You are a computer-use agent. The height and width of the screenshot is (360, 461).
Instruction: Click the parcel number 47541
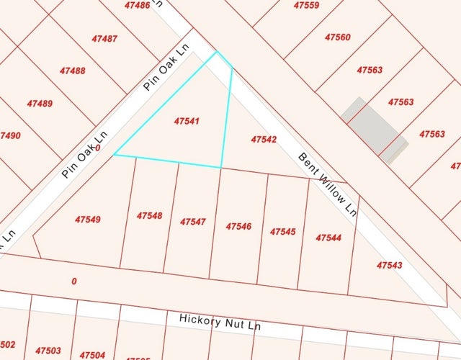[186, 122]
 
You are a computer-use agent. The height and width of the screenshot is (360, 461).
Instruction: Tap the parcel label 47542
[264, 139]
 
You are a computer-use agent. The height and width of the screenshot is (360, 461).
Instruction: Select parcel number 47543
[390, 266]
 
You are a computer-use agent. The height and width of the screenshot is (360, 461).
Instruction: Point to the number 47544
[328, 238]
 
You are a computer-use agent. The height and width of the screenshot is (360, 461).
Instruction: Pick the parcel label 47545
[283, 232]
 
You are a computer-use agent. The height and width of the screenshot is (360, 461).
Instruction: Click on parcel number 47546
[238, 226]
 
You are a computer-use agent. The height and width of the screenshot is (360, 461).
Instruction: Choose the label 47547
[193, 222]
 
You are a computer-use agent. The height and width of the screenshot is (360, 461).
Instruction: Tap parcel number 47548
[149, 215]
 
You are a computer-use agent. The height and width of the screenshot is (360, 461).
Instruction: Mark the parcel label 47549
[88, 219]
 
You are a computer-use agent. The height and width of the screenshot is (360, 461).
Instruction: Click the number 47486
[138, 5]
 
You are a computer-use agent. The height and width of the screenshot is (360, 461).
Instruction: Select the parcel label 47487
[104, 38]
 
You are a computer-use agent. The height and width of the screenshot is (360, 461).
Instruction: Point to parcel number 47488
[72, 71]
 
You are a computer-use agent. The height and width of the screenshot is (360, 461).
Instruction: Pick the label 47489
[40, 104]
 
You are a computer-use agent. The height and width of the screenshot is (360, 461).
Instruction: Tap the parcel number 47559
[306, 5]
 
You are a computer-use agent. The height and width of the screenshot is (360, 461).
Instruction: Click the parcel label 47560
[338, 37]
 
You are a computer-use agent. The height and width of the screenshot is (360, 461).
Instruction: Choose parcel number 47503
[48, 350]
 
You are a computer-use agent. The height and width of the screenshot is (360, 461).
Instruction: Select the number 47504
[92, 355]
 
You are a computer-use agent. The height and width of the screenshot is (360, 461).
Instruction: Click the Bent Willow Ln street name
[328, 184]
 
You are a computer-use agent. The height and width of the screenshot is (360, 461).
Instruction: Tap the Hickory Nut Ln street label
[219, 322]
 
